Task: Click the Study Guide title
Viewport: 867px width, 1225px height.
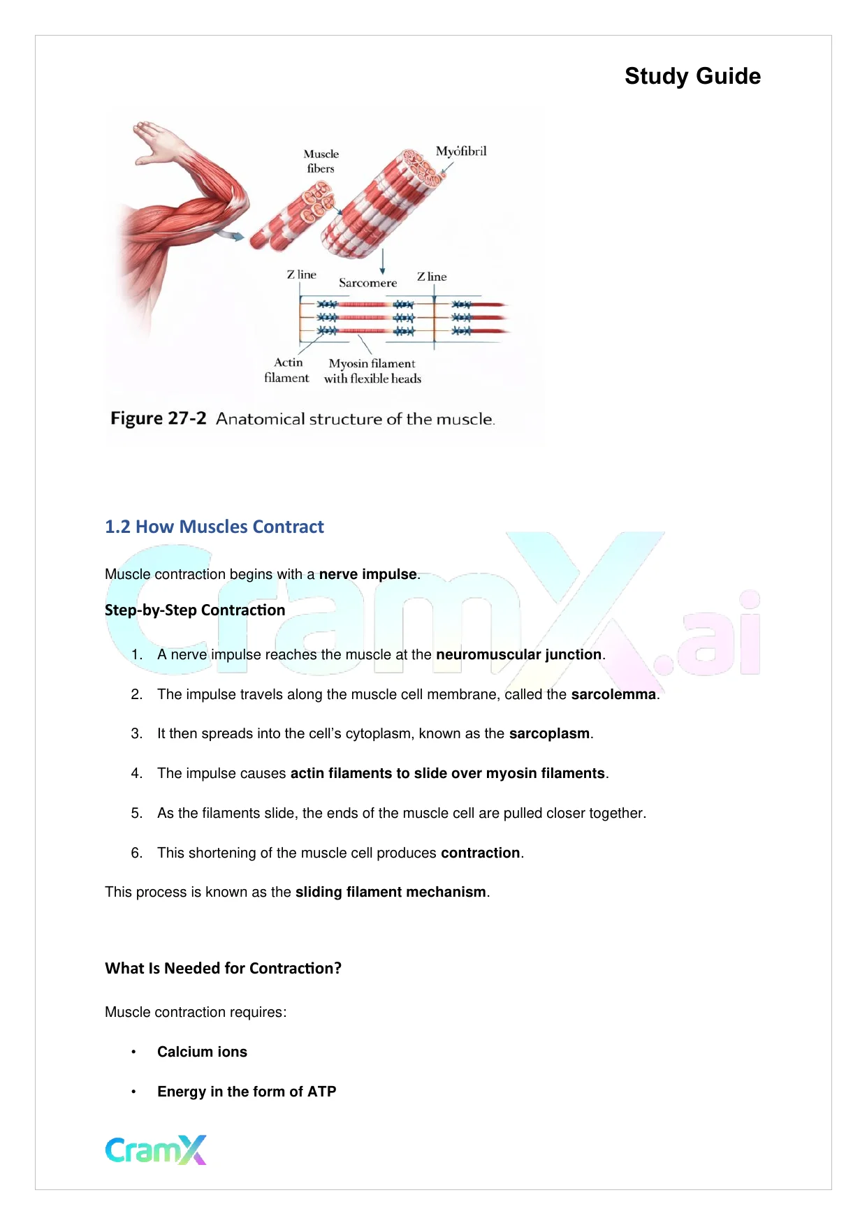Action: click(x=692, y=76)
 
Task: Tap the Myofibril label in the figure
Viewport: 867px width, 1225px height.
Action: click(x=461, y=152)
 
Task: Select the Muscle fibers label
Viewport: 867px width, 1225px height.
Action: click(x=321, y=161)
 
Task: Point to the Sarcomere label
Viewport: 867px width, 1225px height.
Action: click(x=367, y=283)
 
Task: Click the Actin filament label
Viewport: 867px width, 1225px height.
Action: click(x=287, y=370)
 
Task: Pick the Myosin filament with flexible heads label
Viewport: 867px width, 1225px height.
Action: click(x=372, y=371)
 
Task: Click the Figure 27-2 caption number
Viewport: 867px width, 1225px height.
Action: click(x=159, y=418)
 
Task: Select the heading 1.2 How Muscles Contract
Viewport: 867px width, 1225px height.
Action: click(x=214, y=527)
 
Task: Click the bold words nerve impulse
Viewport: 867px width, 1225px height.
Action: click(x=367, y=574)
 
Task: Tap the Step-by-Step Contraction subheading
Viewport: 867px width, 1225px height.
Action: click(x=195, y=610)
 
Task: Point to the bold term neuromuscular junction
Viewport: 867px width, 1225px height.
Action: click(x=518, y=654)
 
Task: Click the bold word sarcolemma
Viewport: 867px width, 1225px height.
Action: click(x=613, y=694)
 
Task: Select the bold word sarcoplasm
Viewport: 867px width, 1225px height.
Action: click(x=549, y=733)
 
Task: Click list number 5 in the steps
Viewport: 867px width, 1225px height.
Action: click(x=137, y=813)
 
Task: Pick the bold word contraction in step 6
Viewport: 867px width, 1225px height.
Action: click(x=480, y=853)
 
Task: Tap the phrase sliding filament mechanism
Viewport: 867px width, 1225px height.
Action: click(x=390, y=892)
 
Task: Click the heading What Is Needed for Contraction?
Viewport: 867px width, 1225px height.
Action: click(x=223, y=968)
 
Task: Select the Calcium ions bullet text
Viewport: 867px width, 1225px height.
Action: click(x=202, y=1052)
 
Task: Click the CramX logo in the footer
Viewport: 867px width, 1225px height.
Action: click(x=156, y=1150)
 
